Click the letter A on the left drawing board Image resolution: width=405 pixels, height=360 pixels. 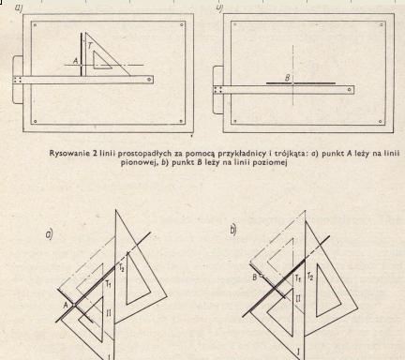coord(75,61)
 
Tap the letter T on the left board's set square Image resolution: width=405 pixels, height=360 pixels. coord(90,46)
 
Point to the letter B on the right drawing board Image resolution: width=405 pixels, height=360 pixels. coord(288,78)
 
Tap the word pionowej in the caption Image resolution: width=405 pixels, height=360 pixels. coord(135,162)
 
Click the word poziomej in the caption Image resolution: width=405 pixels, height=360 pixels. coord(271,162)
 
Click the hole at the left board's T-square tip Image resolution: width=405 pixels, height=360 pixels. coord(149,80)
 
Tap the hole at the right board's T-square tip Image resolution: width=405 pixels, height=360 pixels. coord(350,90)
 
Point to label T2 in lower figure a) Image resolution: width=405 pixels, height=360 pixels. coord(121,267)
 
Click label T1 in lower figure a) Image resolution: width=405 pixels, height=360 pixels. coord(109,284)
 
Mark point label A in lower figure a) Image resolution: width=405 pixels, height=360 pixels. coord(66,305)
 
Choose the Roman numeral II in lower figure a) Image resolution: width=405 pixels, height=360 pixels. coord(108,312)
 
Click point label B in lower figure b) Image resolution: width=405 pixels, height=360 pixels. coord(255,277)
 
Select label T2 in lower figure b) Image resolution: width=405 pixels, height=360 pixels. coord(309,277)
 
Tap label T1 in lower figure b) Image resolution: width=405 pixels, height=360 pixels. coord(298,277)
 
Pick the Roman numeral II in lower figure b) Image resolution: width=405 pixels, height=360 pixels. coord(298,298)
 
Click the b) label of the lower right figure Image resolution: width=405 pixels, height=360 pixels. coord(233,230)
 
